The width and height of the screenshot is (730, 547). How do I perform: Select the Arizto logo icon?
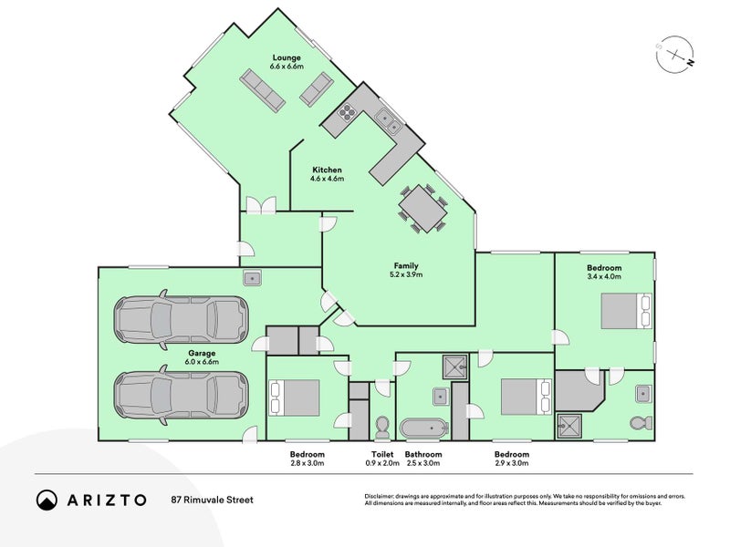(x=47, y=500)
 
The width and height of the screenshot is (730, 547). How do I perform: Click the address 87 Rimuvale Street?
(x=212, y=500)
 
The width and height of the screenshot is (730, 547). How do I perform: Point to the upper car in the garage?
(x=180, y=318)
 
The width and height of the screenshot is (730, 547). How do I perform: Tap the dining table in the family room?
(x=422, y=208)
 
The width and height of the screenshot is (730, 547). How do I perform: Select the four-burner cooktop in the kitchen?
(x=347, y=112)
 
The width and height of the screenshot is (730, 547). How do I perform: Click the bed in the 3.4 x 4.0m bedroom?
(x=625, y=311)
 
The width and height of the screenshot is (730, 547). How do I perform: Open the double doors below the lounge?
(x=260, y=205)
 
